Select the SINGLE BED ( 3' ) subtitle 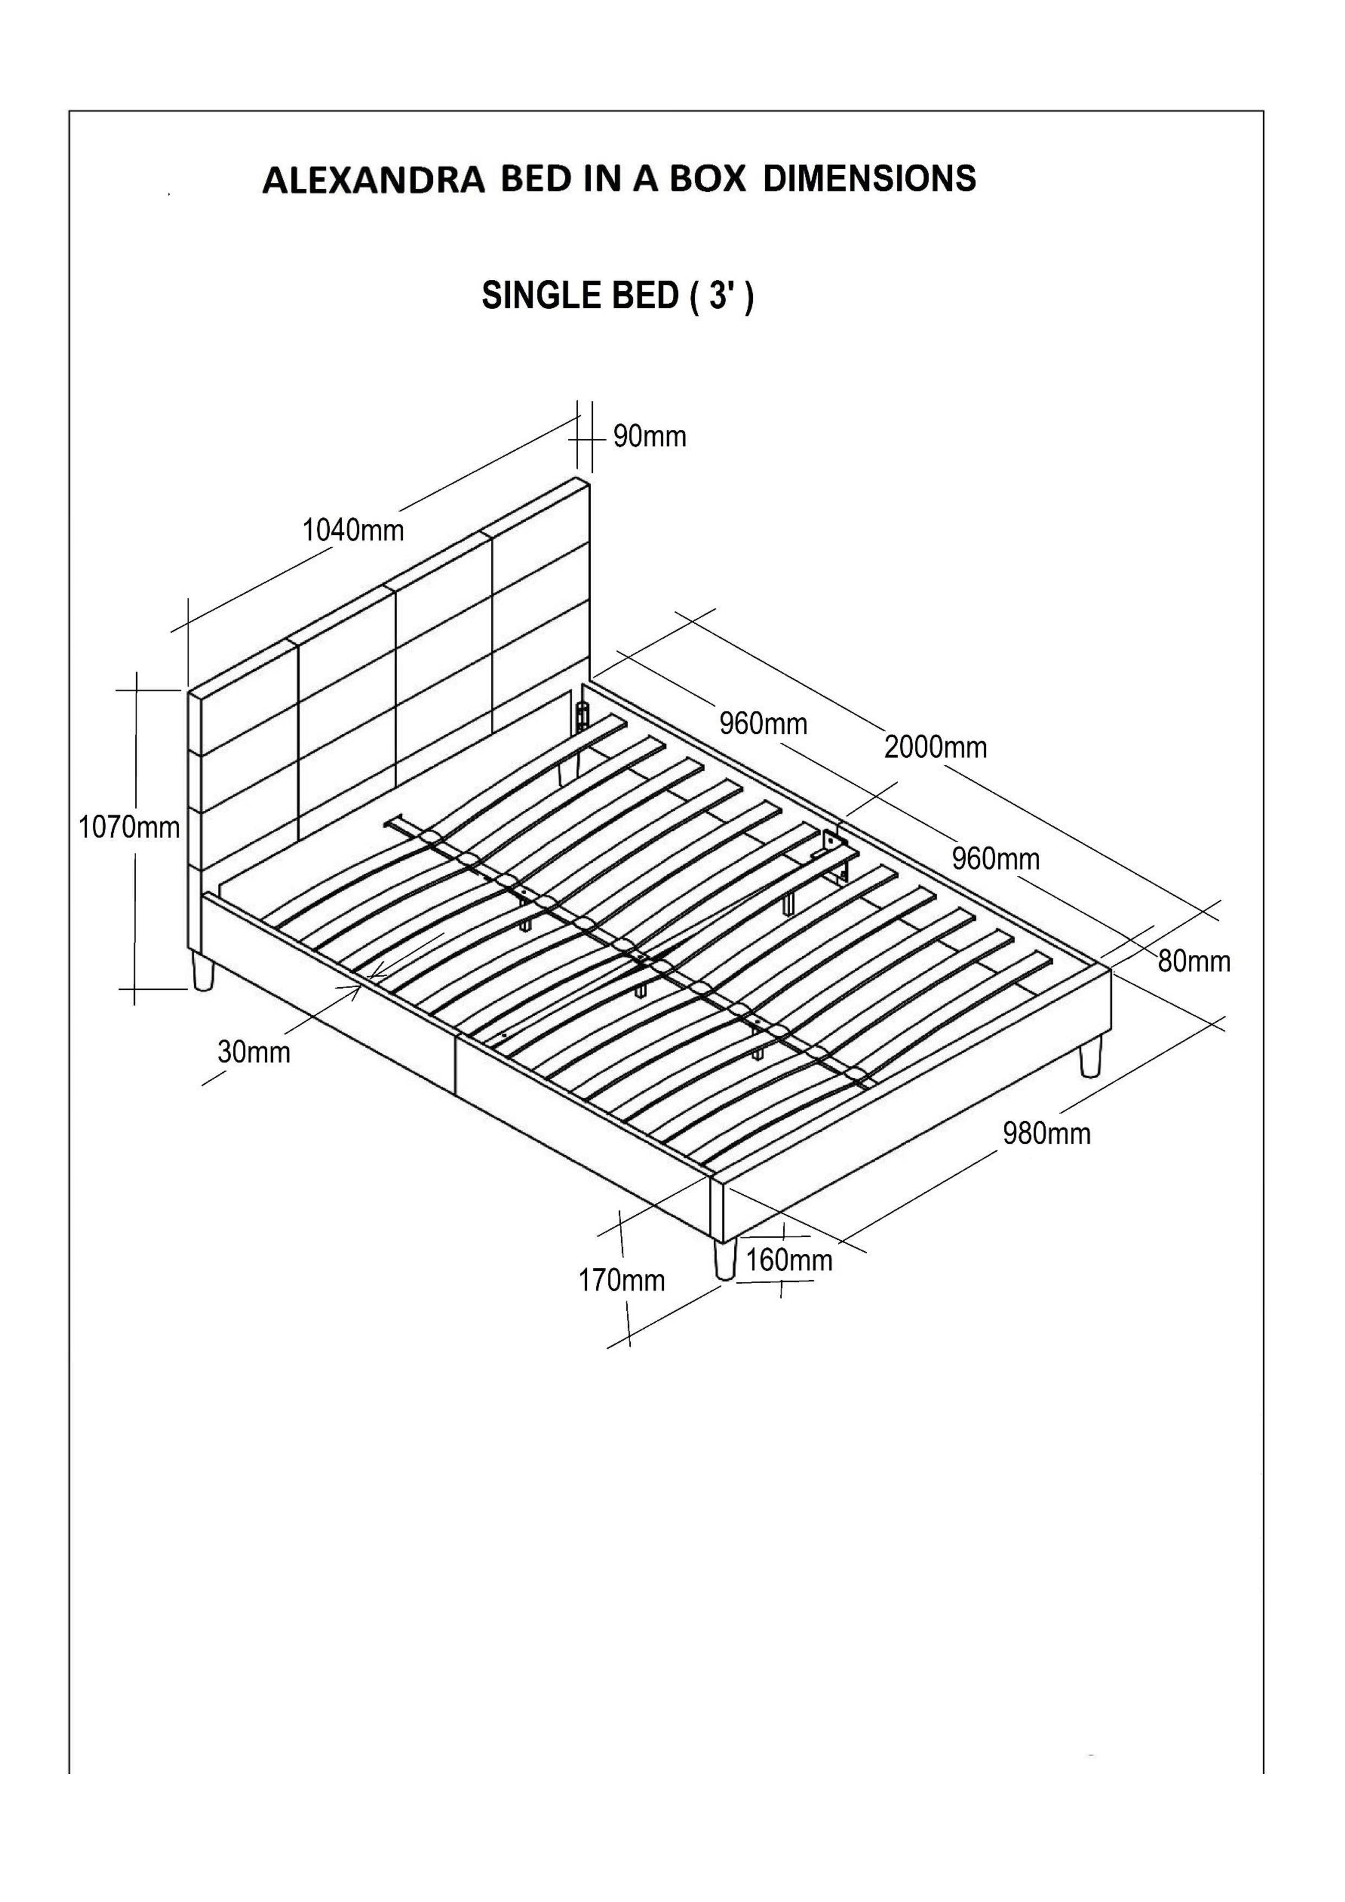[617, 296]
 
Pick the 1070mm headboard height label [129, 827]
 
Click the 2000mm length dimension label [935, 747]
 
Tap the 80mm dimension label [1194, 961]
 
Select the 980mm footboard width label [1047, 1133]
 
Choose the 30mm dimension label [253, 1052]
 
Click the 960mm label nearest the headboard [763, 724]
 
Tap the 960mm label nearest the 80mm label [996, 859]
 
